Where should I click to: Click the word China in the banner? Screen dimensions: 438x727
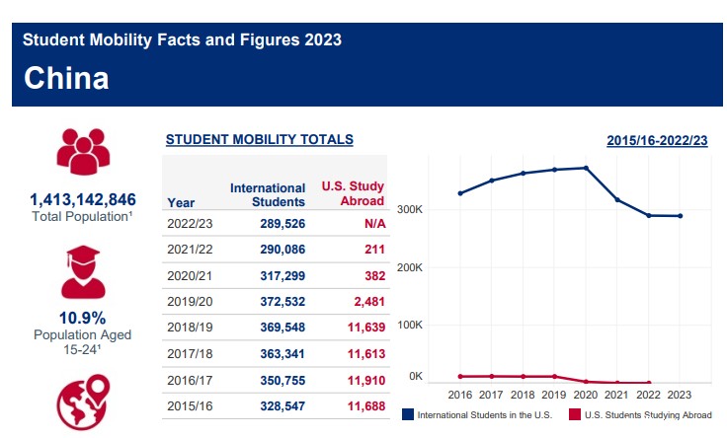65,78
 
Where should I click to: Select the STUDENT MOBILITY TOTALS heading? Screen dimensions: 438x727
259,140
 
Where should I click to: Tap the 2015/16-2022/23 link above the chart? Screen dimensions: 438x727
657,141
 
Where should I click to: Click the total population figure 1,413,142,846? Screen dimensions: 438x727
83,199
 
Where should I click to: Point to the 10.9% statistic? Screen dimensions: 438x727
83,319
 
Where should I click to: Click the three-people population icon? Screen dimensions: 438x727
83,151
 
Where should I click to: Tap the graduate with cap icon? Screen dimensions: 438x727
83,272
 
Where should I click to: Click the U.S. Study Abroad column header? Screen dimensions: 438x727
353,194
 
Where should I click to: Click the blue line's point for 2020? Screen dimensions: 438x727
587,168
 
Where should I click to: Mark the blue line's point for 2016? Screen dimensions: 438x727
460,193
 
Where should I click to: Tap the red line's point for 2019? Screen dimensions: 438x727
555,377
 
